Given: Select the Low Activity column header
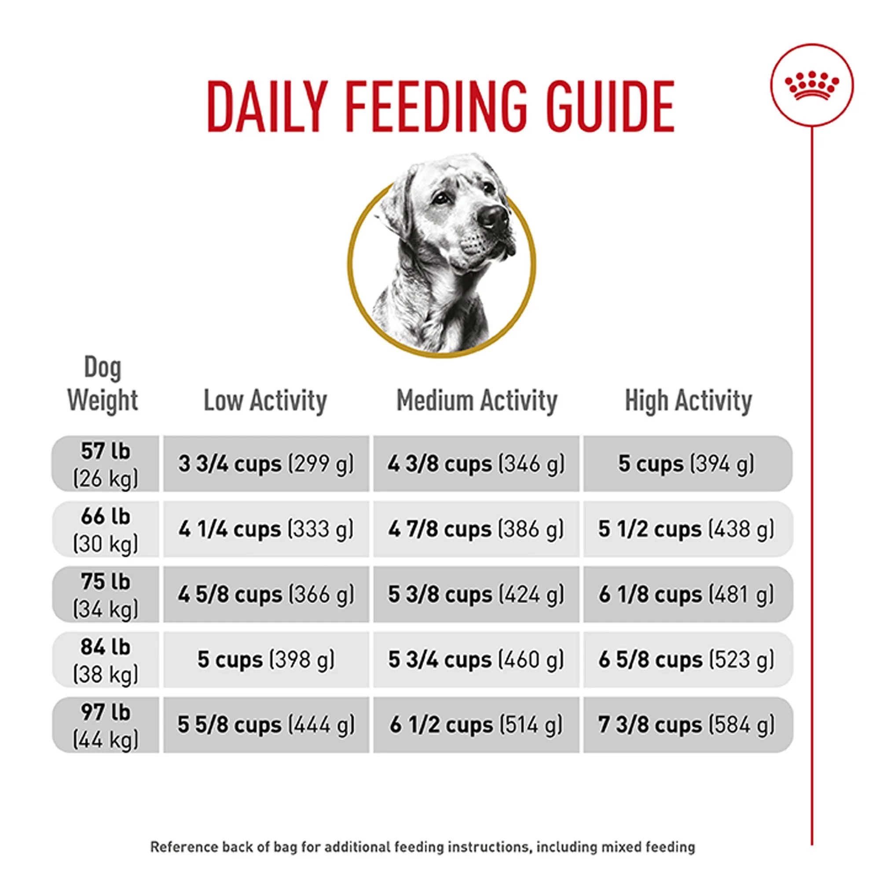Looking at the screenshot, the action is click(265, 401).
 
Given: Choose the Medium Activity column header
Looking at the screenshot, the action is click(477, 401).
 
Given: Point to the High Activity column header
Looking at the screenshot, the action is click(688, 401).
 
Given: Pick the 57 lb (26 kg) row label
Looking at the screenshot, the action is click(105, 464).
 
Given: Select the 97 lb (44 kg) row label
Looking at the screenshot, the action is click(105, 725).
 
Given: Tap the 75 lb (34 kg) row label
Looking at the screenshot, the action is click(105, 594).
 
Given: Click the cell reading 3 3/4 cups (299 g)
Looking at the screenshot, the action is click(266, 464).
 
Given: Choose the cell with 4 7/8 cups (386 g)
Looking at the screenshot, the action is click(477, 529).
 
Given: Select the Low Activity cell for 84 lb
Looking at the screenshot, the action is click(266, 660).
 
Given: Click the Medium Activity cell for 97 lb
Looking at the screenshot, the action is click(477, 725).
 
